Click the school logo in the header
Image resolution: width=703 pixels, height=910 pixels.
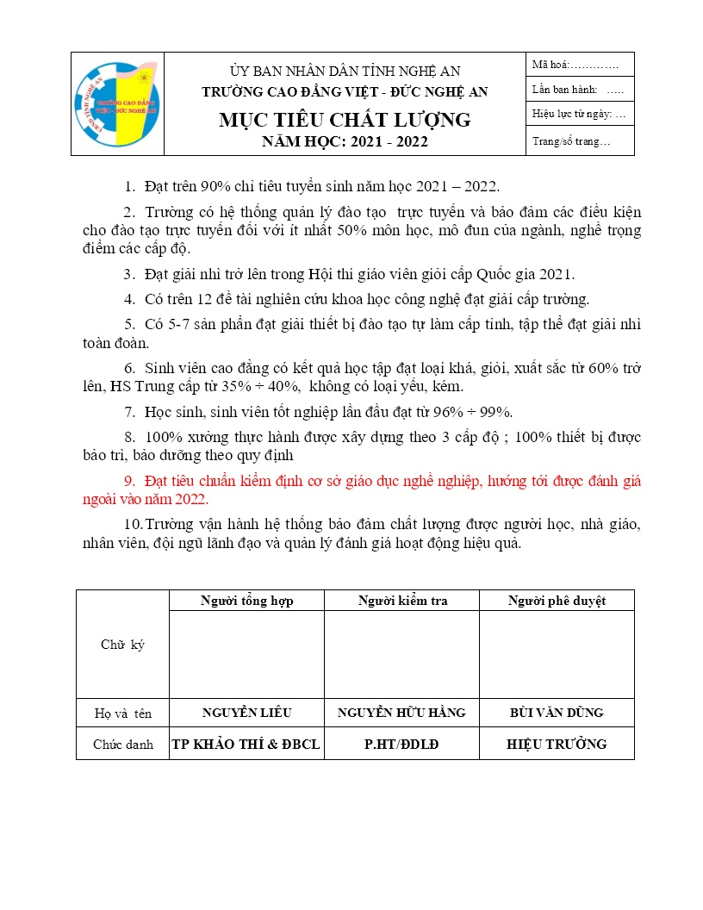116,104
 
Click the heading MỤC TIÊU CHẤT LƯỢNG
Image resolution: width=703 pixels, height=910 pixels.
345,120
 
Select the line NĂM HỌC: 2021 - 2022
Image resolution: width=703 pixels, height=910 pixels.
345,142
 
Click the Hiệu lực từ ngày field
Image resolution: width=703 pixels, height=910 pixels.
579,114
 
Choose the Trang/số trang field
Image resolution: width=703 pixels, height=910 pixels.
571,141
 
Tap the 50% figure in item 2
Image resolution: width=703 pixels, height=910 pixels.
370,231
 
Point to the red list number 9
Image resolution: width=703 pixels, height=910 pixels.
130,481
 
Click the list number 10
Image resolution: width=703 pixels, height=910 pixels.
134,525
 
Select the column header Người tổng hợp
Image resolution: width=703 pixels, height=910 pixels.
246,601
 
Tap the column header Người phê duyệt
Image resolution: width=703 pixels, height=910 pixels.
556,601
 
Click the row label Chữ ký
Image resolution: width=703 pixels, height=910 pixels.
122,645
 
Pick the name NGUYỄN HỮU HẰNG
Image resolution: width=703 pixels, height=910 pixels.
401,713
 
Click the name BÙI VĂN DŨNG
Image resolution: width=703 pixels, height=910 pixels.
556,713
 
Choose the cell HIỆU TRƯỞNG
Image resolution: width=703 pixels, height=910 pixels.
556,745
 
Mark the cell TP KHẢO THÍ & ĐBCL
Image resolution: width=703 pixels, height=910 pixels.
246,745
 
